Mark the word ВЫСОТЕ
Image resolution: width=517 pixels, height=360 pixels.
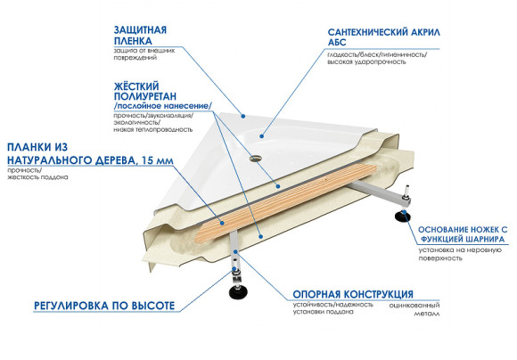tap(152, 305)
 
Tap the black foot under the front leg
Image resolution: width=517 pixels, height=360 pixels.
tap(239, 289)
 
